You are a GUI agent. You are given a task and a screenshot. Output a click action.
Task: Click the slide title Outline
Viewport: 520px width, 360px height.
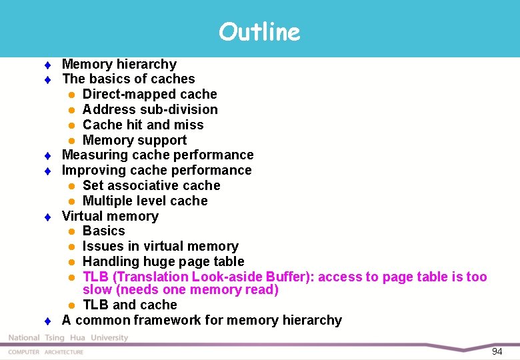259,31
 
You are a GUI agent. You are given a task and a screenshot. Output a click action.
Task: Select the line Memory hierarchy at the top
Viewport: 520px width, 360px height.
119,64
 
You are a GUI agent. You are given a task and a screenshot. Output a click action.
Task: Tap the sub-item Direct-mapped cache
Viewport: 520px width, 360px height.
149,94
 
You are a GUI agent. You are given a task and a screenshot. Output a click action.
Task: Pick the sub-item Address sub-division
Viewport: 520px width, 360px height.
150,109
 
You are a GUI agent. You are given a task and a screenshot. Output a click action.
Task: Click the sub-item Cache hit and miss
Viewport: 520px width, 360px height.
143,125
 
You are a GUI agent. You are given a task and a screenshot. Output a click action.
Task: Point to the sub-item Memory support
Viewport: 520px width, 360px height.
134,140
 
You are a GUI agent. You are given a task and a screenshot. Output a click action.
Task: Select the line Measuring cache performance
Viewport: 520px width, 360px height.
157,155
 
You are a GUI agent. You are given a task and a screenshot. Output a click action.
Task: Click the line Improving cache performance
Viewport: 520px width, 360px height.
157,170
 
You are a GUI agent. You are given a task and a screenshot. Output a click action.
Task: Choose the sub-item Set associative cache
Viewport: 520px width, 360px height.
151,185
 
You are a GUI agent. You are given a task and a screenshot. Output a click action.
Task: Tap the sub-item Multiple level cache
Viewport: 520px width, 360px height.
145,201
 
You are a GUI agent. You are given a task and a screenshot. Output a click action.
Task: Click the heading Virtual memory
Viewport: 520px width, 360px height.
110,216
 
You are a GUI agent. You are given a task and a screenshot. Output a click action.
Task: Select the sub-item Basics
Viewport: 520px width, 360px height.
103,231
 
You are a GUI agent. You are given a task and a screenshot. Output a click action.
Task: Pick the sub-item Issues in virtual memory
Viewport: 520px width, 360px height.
160,246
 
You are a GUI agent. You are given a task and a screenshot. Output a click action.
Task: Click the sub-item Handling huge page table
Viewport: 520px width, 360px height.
163,261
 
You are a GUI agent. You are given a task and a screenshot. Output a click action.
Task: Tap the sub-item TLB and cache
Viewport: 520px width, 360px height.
129,305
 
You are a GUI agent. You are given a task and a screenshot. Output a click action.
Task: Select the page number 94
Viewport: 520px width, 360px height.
497,351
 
